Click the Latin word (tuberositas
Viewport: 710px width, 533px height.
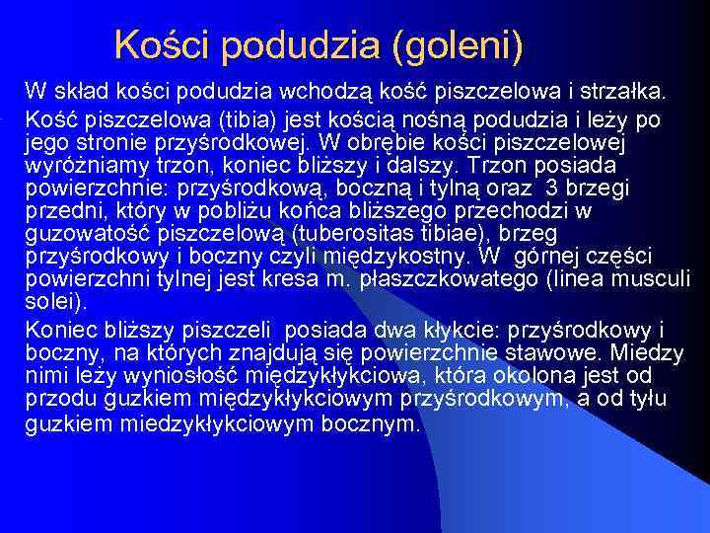click(356, 233)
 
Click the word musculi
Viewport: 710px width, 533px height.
click(657, 278)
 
